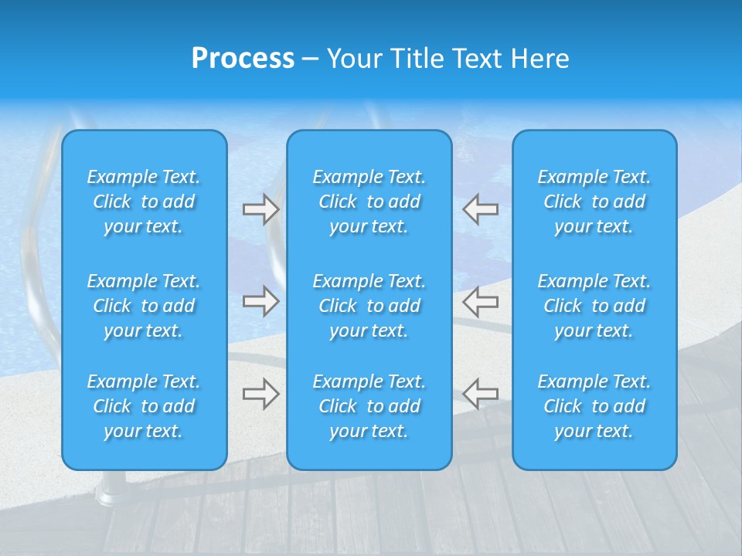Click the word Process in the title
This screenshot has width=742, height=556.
pos(243,59)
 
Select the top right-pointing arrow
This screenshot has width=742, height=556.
pos(260,209)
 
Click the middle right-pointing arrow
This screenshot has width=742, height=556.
pos(260,301)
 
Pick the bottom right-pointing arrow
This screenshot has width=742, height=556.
pos(260,393)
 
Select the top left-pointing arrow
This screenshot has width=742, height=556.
pos(481,209)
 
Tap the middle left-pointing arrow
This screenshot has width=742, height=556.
pos(481,301)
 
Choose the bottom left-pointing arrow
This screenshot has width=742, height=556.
pos(481,393)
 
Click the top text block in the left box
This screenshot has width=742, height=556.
pos(144,202)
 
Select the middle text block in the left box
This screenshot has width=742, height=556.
pos(144,306)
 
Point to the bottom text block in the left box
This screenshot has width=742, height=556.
pos(144,406)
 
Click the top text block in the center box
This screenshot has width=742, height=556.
pos(369,202)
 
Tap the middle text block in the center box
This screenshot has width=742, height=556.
pos(369,306)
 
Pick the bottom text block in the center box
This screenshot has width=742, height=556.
pos(369,406)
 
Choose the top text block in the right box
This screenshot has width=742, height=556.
pos(594,202)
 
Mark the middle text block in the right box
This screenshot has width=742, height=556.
pos(594,306)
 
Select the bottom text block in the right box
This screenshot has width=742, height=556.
pos(594,406)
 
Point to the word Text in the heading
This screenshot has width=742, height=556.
pos(478,59)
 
